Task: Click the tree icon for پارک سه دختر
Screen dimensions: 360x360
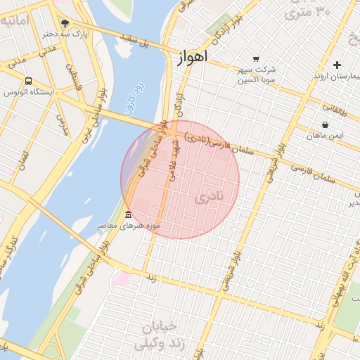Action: [x=65, y=22]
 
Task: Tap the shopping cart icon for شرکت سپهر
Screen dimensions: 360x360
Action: [x=256, y=59]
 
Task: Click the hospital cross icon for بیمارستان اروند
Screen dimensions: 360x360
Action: [x=337, y=64]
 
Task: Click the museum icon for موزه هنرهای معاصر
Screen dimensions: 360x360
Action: [x=127, y=214]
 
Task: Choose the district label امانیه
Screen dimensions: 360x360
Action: [x=14, y=21]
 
